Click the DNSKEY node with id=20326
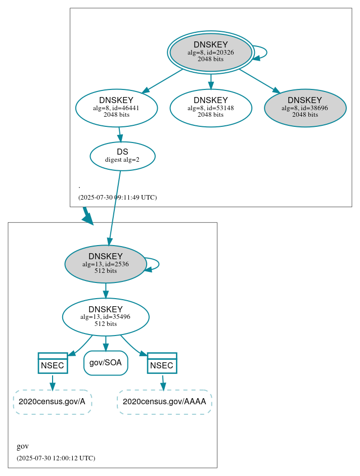coord(210,52)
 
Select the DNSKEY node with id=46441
coord(116,108)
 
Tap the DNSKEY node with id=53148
coord(210,108)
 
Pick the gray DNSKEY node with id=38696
coord(305,108)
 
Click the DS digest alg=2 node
coord(122,156)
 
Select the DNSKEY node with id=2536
coord(105,264)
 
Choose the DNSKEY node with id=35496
coord(105,317)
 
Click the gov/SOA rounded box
coord(105,363)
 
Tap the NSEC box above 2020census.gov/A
coord(53,363)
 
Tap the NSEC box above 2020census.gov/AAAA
coord(162,363)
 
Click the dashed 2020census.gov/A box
coord(52,402)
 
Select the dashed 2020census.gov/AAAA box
coord(164,402)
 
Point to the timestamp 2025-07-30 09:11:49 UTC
coord(117,197)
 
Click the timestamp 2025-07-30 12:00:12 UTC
coord(56,458)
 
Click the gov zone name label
coord(23,446)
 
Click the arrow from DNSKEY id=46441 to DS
coord(119,134)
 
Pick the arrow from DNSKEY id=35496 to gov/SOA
coord(105,343)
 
